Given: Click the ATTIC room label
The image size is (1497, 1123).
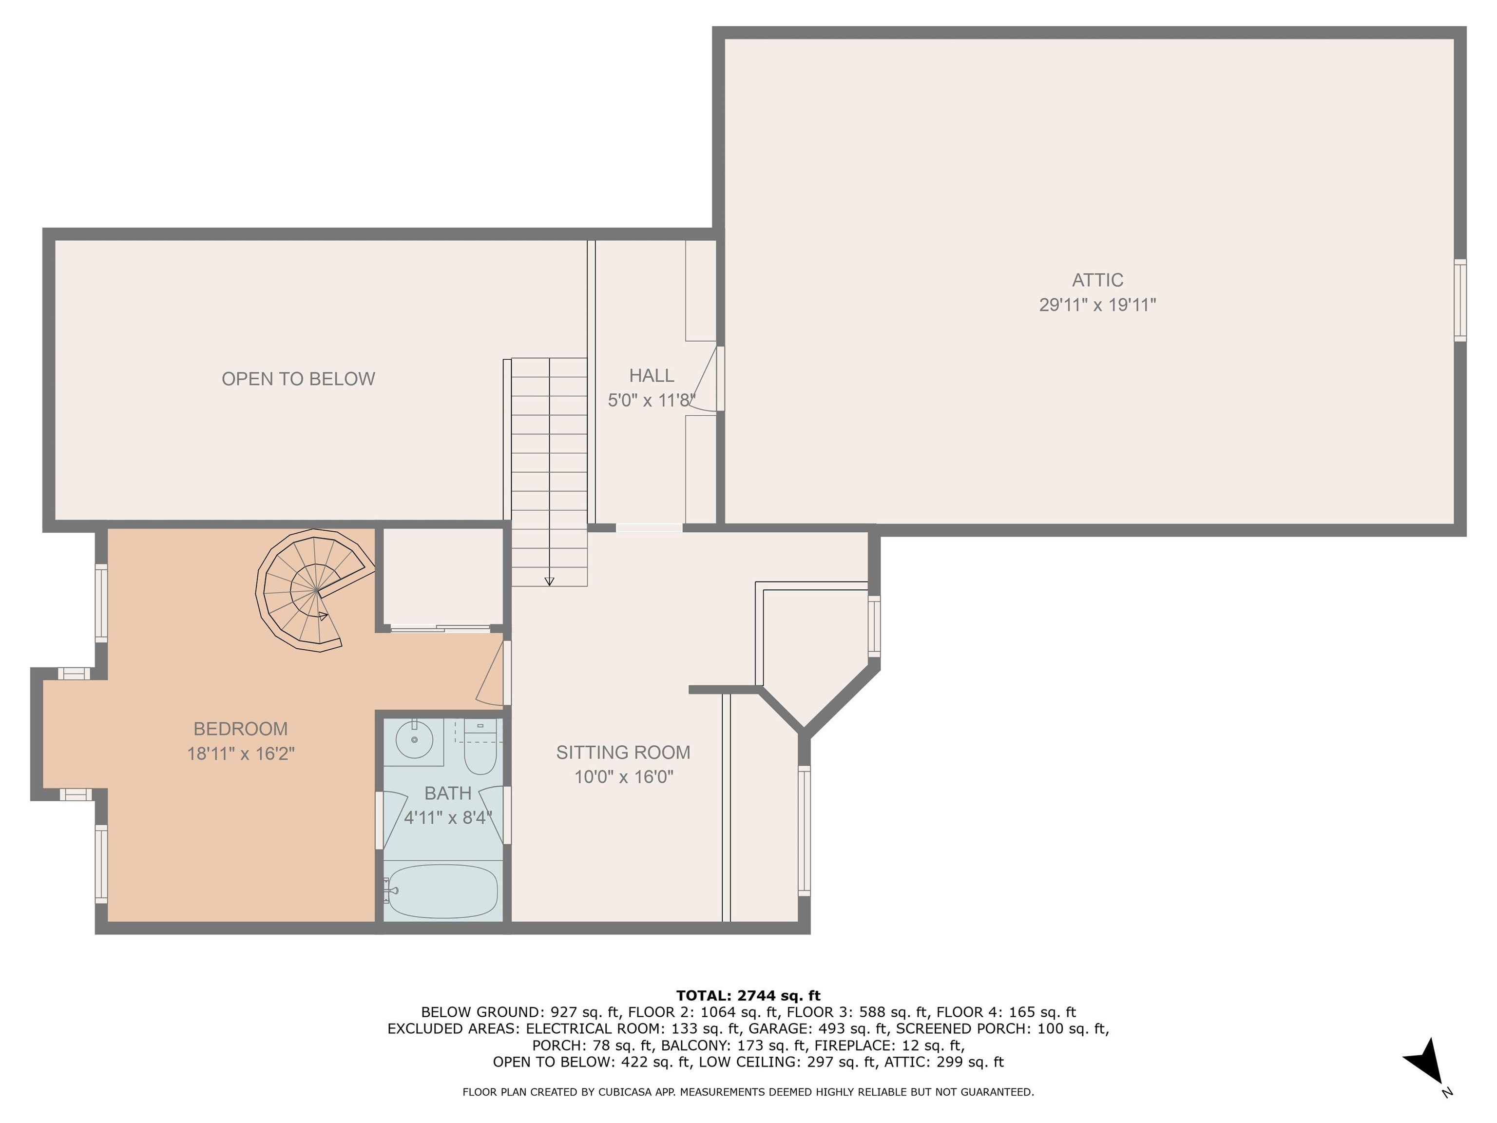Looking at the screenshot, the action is (x=1097, y=280).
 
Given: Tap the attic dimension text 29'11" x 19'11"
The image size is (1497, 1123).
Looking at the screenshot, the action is (x=1097, y=305).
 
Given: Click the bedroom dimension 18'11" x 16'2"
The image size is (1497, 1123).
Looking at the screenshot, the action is (x=241, y=754).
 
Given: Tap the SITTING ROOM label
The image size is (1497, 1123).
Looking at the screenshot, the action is (x=623, y=752).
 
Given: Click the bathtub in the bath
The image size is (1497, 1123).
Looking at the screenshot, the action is (x=443, y=891).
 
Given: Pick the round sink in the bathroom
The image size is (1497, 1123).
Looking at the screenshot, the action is (x=414, y=740).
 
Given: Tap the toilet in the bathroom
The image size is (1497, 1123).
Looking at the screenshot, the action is (x=480, y=749).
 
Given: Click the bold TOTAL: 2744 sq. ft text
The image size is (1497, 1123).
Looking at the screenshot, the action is (x=748, y=995).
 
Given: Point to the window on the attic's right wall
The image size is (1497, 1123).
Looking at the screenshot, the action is (x=1460, y=300).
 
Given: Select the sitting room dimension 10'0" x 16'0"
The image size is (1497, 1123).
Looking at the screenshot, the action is (x=624, y=776).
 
